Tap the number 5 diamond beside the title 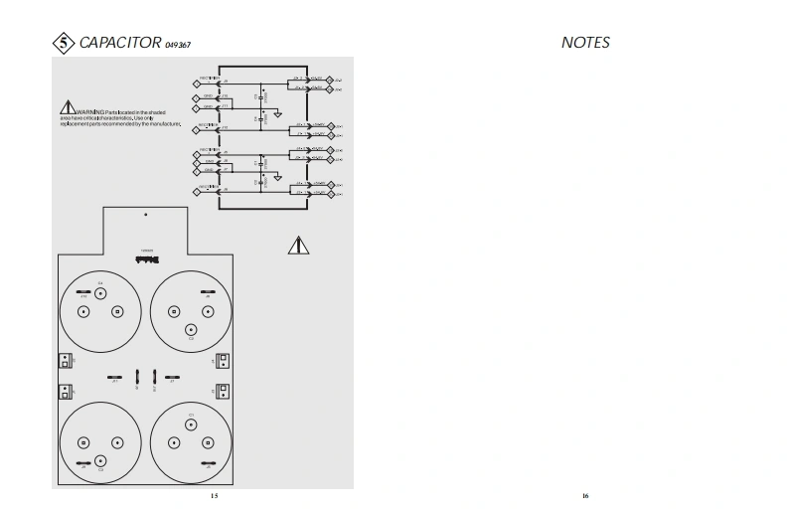[63, 43]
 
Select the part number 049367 [179, 45]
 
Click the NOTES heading [585, 43]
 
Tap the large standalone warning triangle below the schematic [299, 245]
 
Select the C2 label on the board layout [191, 338]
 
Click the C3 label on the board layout [100, 469]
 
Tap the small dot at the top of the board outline [146, 214]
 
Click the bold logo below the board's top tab [146, 256]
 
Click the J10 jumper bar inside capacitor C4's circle [84, 292]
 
